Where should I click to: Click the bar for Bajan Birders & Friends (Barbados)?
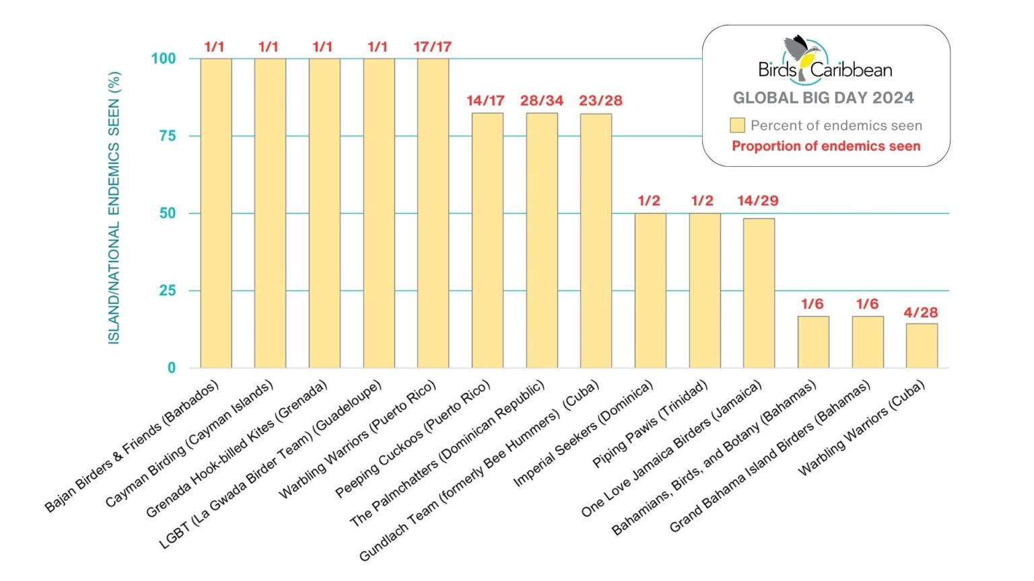point(216,213)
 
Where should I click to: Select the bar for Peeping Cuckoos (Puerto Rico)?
point(487,240)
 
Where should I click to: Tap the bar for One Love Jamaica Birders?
point(759,293)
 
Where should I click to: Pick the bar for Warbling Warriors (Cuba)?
point(922,346)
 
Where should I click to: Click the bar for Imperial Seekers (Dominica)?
point(650,290)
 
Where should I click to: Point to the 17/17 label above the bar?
point(432,46)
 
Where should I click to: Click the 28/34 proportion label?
point(541,100)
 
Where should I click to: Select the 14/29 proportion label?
point(757,200)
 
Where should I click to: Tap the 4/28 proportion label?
point(920,312)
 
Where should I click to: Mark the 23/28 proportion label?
point(600,100)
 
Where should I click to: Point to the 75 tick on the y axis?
point(168,136)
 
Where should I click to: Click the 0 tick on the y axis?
point(172,368)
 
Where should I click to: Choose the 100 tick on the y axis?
point(164,59)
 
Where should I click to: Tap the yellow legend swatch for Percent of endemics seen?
point(737,125)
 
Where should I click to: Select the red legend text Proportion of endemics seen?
point(826,146)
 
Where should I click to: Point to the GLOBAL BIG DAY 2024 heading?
point(823,98)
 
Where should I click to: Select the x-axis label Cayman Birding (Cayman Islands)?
point(190,444)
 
